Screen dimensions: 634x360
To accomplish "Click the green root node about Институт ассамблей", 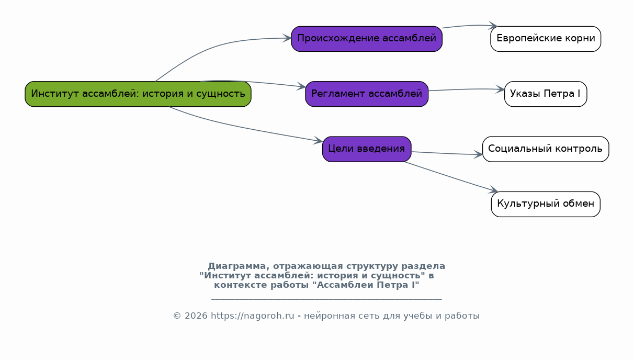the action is pyautogui.click(x=138, y=94).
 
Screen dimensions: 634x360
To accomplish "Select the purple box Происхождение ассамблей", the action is pyautogui.click(x=367, y=39).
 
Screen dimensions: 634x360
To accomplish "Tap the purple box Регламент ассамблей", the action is pyautogui.click(x=367, y=94).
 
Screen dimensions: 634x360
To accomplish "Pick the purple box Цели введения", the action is pyautogui.click(x=367, y=149).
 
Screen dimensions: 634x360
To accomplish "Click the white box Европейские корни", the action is pyautogui.click(x=546, y=39).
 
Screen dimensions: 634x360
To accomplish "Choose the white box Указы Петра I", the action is pyautogui.click(x=546, y=94).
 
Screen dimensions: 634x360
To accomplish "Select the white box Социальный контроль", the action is pyautogui.click(x=546, y=149).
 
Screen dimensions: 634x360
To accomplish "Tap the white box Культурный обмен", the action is pyautogui.click(x=546, y=205).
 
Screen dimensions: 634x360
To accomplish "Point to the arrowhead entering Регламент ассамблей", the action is pyautogui.click(x=301, y=87).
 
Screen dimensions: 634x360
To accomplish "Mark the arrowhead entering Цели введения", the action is pyautogui.click(x=318, y=140).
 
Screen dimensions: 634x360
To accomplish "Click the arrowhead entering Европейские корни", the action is pyautogui.click(x=493, y=26).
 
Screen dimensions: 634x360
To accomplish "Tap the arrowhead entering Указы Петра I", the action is pyautogui.click(x=500, y=89).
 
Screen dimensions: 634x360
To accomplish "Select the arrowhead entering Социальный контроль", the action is pyautogui.click(x=478, y=154).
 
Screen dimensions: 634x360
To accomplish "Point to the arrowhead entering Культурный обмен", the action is pyautogui.click(x=493, y=190).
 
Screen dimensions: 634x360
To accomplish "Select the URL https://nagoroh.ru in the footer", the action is pyautogui.click(x=253, y=316).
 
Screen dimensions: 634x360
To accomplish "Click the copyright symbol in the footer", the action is pyautogui.click(x=177, y=316).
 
